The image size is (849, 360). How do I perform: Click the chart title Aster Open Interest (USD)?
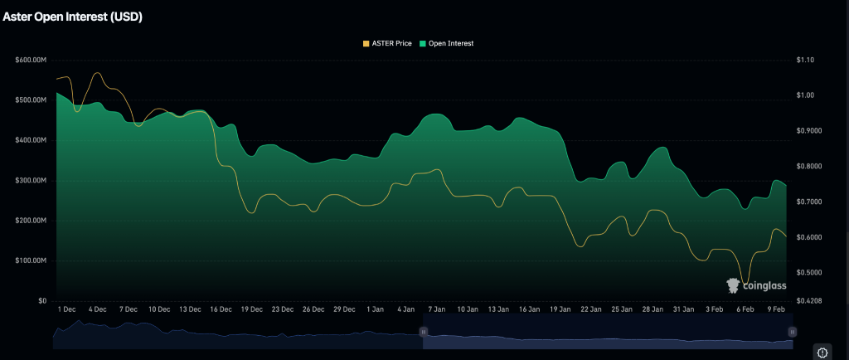coord(72,17)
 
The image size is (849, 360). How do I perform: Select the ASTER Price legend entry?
coord(387,43)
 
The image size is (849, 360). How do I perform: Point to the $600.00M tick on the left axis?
coord(32,60)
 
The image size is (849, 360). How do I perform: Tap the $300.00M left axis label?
coord(32,180)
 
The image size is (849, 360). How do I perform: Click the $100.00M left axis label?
coord(32,260)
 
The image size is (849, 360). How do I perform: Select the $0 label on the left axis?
coord(43,300)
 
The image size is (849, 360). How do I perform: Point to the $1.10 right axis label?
coord(806,60)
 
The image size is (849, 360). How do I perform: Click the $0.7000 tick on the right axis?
coord(809,202)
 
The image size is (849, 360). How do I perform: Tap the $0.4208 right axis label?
coord(809,300)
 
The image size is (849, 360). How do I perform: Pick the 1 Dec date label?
coord(67,309)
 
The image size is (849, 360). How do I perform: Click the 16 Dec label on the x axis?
coord(221,309)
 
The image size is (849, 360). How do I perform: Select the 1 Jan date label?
coord(376,309)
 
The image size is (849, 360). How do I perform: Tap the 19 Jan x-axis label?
coord(560,309)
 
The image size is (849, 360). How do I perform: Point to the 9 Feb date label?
coord(775,309)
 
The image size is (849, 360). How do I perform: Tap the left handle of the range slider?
coord(423,332)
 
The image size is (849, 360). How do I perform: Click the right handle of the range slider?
coord(792,332)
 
